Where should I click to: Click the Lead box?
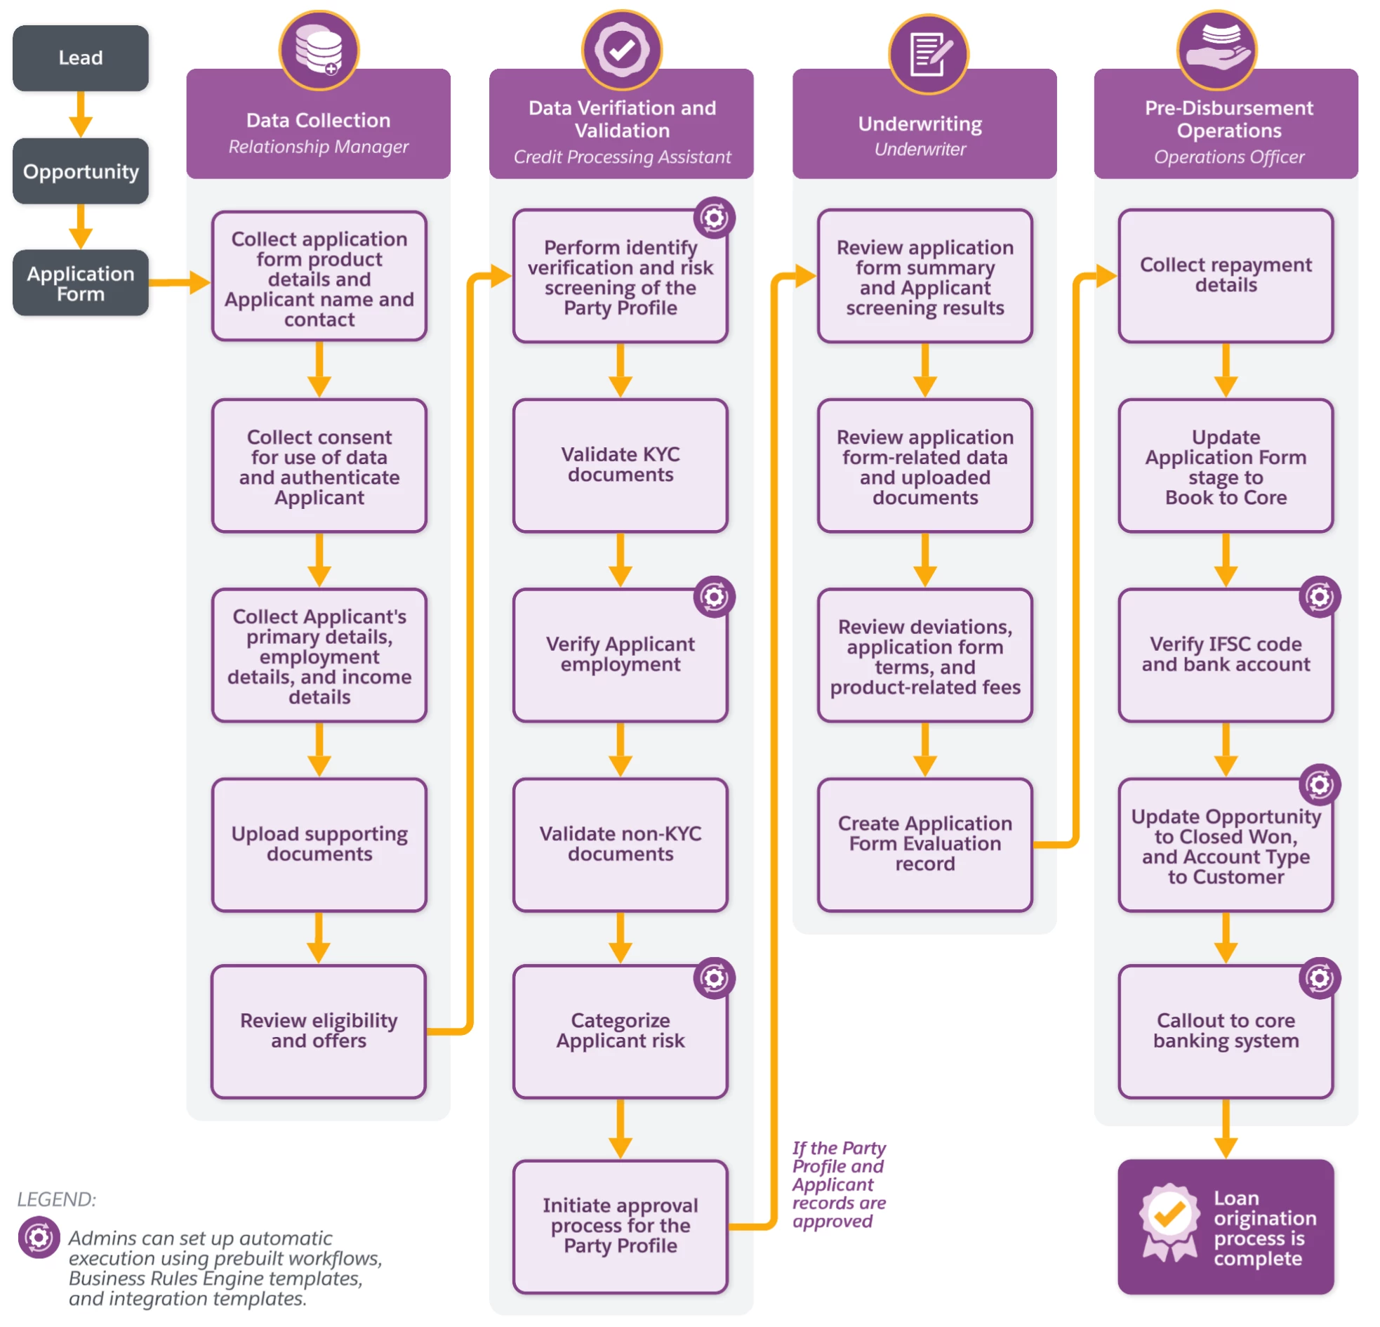[x=80, y=58]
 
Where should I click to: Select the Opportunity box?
[x=80, y=171]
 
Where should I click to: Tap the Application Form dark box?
[x=80, y=283]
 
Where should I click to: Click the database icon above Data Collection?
[x=319, y=50]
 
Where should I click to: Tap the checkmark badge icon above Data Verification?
[x=622, y=50]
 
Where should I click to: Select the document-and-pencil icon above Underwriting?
[x=928, y=53]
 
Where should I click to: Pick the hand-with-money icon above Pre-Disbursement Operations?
[x=1216, y=50]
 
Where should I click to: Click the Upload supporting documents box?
[x=319, y=844]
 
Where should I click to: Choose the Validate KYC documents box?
[x=621, y=465]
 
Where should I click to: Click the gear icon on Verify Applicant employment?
[x=714, y=598]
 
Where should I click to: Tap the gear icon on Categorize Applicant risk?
[x=714, y=977]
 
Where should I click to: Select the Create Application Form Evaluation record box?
[x=924, y=844]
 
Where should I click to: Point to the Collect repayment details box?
[x=1225, y=275]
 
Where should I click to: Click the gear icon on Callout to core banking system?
[x=1320, y=977]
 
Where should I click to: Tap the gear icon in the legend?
[x=39, y=1237]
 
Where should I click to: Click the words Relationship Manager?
[x=318, y=147]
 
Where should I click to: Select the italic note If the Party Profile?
[x=839, y=1184]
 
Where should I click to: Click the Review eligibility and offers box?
[x=318, y=1031]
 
